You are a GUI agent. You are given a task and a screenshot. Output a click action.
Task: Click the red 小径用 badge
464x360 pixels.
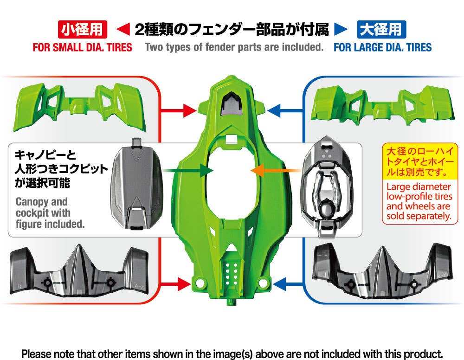pos(82,29)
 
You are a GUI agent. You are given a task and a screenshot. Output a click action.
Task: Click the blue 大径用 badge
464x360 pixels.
pos(381,29)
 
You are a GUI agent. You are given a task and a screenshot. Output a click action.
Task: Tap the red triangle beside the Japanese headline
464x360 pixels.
pos(123,29)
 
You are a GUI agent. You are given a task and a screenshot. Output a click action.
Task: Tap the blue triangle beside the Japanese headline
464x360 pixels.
pos(341,29)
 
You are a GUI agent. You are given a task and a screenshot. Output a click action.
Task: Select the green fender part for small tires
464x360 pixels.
pos(79,107)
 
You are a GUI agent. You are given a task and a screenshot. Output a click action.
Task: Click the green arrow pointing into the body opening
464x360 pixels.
pos(188,171)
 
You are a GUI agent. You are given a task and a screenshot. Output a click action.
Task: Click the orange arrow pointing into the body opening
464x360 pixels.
pos(275,170)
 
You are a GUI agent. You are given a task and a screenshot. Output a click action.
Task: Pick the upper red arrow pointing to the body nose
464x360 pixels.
pos(178,110)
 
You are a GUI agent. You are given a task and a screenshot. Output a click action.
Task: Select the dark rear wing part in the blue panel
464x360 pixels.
pos(382,270)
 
